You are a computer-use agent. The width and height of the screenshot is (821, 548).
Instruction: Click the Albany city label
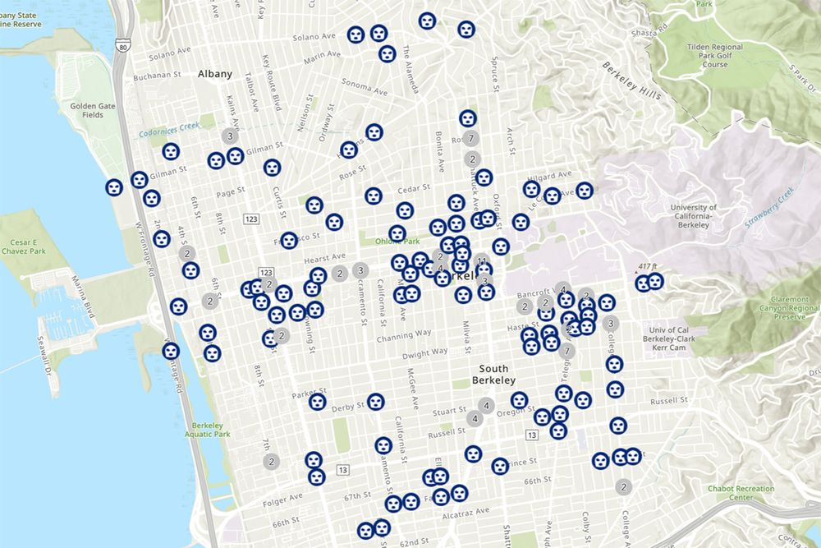click(215, 73)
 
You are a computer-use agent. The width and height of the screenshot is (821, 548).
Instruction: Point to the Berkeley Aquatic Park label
click(206, 430)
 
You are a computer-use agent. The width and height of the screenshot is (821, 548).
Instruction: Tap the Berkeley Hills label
click(631, 80)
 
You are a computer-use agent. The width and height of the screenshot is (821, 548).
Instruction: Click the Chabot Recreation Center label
click(741, 493)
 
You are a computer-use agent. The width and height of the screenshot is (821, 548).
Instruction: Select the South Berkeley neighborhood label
click(493, 375)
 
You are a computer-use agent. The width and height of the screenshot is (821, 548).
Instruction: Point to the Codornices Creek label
click(169, 127)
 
